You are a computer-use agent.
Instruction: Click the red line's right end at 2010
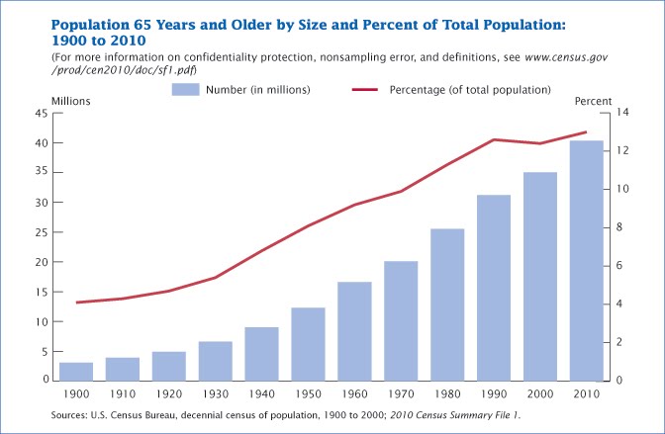click(x=587, y=131)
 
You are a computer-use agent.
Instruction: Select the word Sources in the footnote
click(x=72, y=414)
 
